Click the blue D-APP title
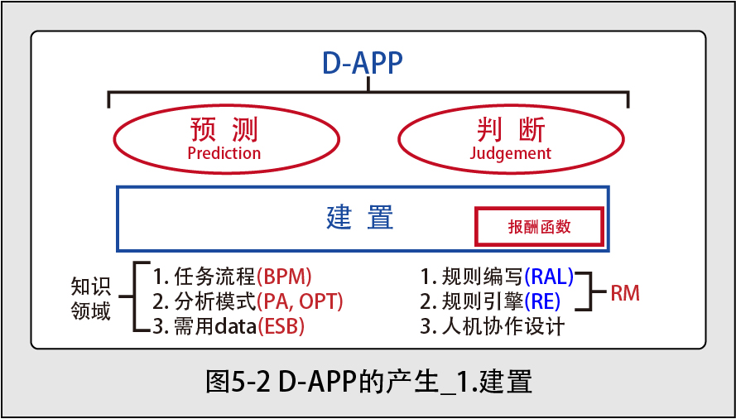click(x=363, y=64)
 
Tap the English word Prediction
click(x=224, y=153)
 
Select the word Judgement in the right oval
click(x=510, y=154)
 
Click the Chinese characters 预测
click(x=224, y=130)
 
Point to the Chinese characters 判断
click(x=511, y=130)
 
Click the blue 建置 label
click(x=360, y=218)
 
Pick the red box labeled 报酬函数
click(x=539, y=227)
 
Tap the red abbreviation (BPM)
click(x=284, y=277)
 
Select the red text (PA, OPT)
click(x=300, y=302)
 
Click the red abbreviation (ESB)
click(x=281, y=327)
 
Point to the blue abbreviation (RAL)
click(x=549, y=277)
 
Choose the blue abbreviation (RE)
click(x=542, y=302)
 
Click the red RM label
click(x=625, y=294)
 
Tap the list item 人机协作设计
click(x=503, y=327)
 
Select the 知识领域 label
click(x=91, y=298)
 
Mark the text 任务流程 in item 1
click(x=214, y=277)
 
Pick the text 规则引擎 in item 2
click(x=483, y=302)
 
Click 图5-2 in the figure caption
click(x=238, y=383)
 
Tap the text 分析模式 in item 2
click(x=214, y=302)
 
